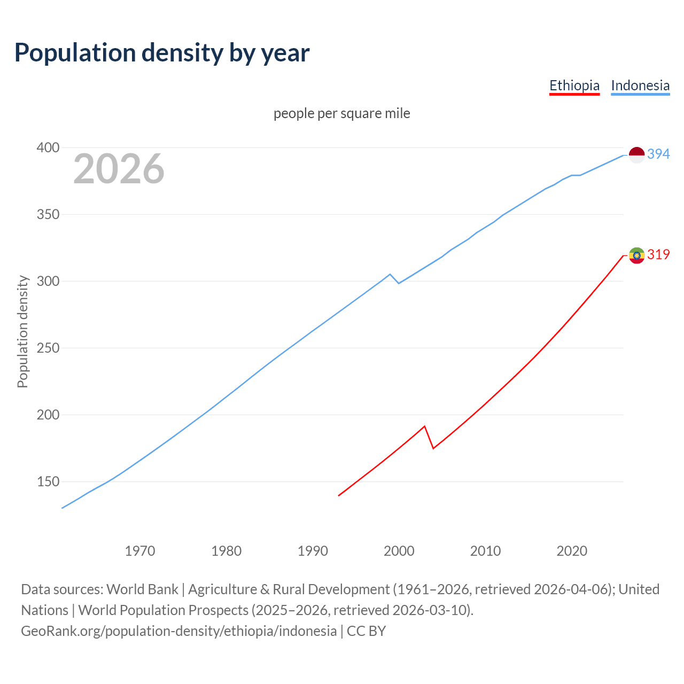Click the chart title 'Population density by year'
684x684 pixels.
[162, 53]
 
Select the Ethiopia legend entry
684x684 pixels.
[574, 85]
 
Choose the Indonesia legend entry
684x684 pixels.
[640, 85]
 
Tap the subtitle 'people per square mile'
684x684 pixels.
[341, 113]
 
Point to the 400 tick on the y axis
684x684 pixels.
[48, 147]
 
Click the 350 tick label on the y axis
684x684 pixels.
[48, 214]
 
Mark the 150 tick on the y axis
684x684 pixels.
[48, 481]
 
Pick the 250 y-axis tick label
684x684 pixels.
[48, 348]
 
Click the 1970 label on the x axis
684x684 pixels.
[140, 551]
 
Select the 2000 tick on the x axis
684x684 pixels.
[399, 551]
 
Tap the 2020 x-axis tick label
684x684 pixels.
[572, 551]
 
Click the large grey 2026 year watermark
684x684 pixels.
[119, 169]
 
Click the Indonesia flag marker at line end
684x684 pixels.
[636, 155]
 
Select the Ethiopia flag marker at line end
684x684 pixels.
[636, 255]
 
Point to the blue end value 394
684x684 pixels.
[658, 154]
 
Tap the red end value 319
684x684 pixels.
[658, 255]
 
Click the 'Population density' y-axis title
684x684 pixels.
[22, 331]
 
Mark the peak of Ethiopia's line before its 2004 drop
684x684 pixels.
[424, 426]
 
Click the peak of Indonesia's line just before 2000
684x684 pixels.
[390, 274]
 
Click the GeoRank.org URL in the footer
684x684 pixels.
[179, 631]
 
